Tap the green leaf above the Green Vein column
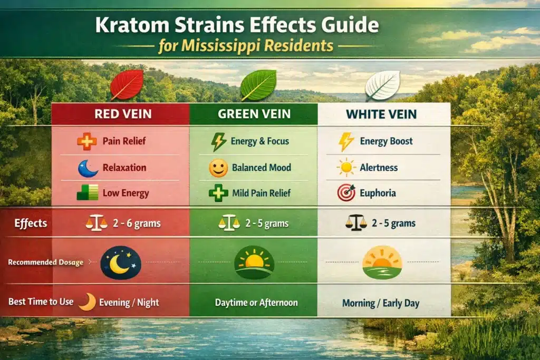(258, 84)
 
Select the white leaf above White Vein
(382, 85)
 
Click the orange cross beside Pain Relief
(86, 141)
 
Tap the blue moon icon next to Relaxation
(88, 168)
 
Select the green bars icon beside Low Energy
(86, 193)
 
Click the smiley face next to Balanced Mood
(218, 168)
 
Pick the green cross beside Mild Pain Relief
(218, 193)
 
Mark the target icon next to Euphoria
(346, 193)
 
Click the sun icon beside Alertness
(346, 168)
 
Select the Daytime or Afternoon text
(256, 303)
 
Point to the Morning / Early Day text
(383, 303)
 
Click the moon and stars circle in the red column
(121, 262)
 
